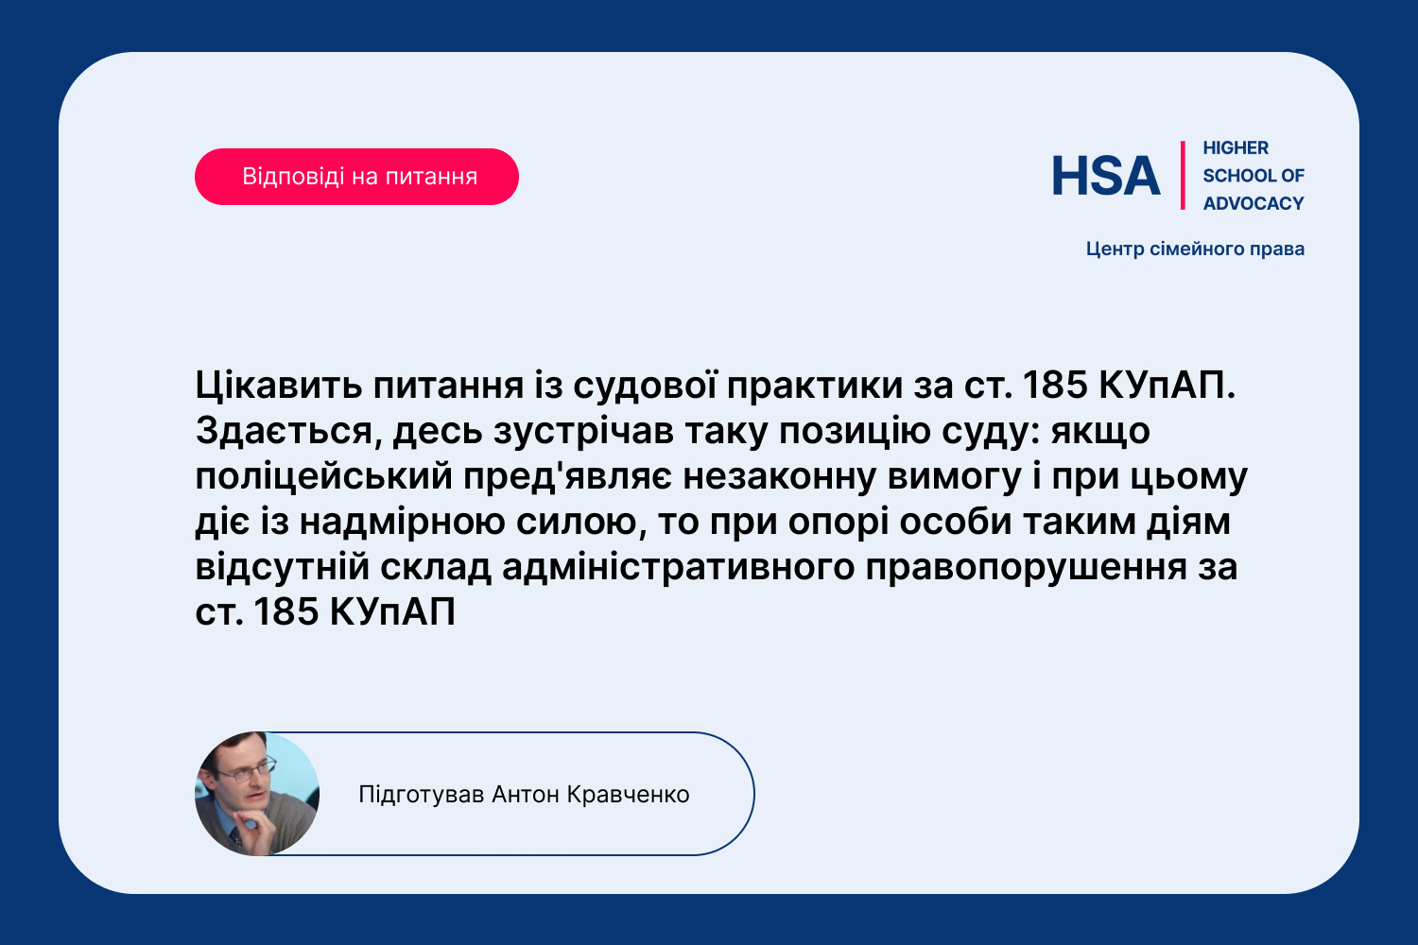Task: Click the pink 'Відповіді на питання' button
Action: [x=356, y=177]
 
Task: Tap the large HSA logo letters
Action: [x=1106, y=176]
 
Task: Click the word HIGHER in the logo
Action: [x=1236, y=147]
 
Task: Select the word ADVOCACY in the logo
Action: [x=1254, y=203]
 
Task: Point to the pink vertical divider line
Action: [x=1183, y=176]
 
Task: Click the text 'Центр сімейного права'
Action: [x=1195, y=249]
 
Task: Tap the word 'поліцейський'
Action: [x=323, y=476]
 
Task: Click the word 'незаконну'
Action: [x=780, y=476]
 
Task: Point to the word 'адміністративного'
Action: [x=679, y=567]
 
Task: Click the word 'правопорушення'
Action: [x=1026, y=567]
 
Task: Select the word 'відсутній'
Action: [x=283, y=567]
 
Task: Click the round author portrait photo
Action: [x=257, y=794]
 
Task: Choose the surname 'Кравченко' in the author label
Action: [x=628, y=795]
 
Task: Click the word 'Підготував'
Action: [x=421, y=795]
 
